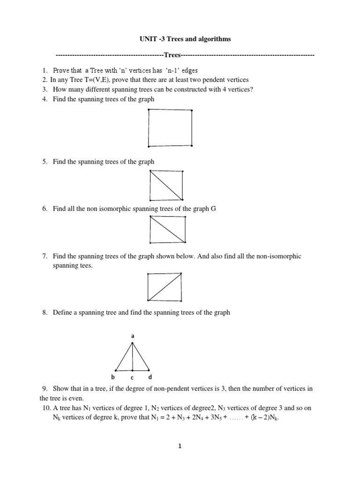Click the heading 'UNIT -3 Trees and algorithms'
185,39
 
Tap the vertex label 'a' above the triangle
133,336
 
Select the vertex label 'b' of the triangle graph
113,377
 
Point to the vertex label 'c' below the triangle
132,377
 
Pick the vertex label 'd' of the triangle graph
150,377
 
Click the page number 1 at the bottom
180,447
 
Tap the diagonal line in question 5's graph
166,185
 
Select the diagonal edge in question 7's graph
165,287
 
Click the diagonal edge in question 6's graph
167,229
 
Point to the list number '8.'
45,312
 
